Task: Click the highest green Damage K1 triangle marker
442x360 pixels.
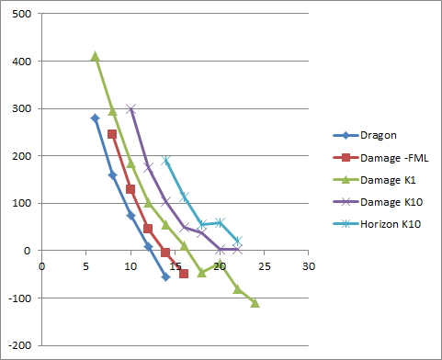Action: tap(95, 56)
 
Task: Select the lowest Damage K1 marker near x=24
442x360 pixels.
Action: tap(255, 302)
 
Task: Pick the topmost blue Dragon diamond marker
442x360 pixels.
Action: tap(95, 118)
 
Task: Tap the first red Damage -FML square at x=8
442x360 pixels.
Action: tap(112, 134)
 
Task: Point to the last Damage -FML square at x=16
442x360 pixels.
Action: tap(184, 274)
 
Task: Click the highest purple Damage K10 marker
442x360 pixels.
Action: tap(130, 108)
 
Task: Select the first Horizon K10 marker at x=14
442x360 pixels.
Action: tap(166, 161)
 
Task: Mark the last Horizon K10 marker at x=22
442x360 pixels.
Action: tap(237, 241)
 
